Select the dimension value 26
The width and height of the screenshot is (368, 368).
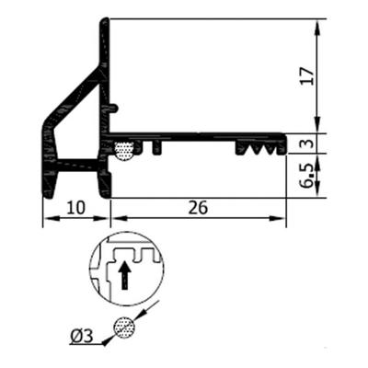(197, 208)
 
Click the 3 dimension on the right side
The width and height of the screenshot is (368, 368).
(307, 142)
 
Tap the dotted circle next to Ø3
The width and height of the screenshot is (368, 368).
(123, 327)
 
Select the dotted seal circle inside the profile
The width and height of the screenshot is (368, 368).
(124, 149)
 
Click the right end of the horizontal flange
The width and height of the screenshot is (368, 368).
(283, 140)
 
